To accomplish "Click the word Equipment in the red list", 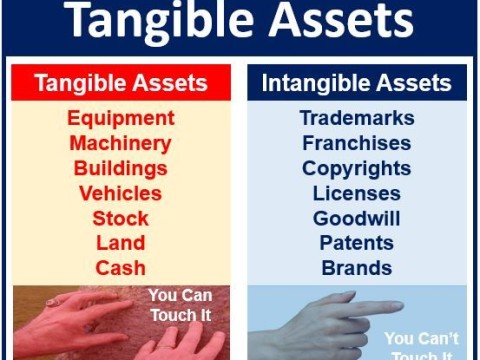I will pyautogui.click(x=121, y=118).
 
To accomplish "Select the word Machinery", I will pyautogui.click(x=120, y=143).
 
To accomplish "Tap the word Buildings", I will pyautogui.click(x=120, y=168).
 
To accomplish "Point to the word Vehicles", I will pyautogui.click(x=120, y=193).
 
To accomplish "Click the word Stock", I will pyautogui.click(x=120, y=218).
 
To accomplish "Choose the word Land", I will pyautogui.click(x=120, y=243).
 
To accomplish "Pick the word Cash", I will pyautogui.click(x=120, y=268).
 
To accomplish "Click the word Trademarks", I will pyautogui.click(x=357, y=118).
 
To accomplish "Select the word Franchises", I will pyautogui.click(x=357, y=143).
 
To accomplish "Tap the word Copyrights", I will pyautogui.click(x=357, y=168).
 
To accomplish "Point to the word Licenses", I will pyautogui.click(x=357, y=193).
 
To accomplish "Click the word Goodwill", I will pyautogui.click(x=357, y=218).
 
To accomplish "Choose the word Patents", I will pyautogui.click(x=357, y=243).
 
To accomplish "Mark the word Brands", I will pyautogui.click(x=357, y=268).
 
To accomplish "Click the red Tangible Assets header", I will pyautogui.click(x=121, y=83).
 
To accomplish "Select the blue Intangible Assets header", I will pyautogui.click(x=357, y=83).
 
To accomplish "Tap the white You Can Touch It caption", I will pyautogui.click(x=182, y=304).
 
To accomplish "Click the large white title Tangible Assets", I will pyautogui.click(x=240, y=22).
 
